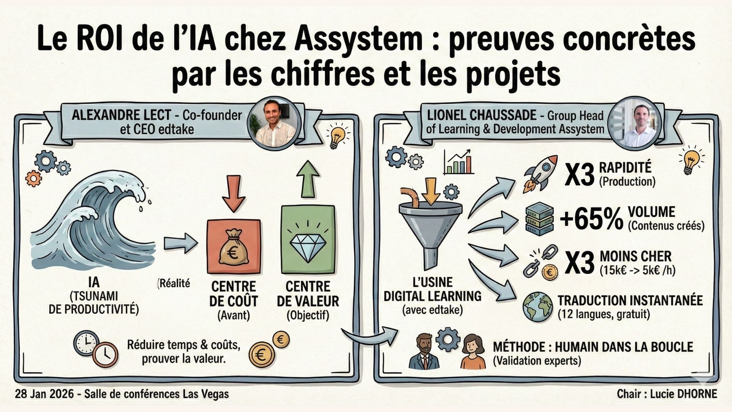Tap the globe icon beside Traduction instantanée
pos(538,307)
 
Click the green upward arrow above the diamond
pos(308,179)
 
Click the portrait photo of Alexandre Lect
pos(274,122)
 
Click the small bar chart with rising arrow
pos(459,162)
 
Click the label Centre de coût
pos(233,294)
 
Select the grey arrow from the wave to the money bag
pos(180,243)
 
